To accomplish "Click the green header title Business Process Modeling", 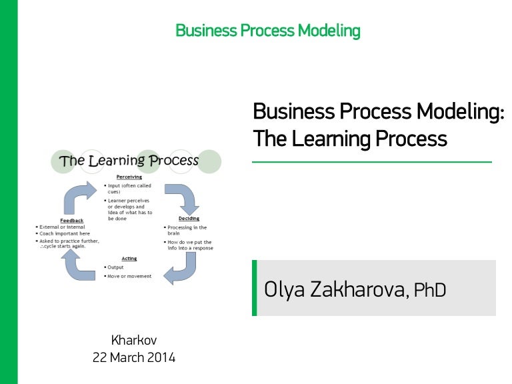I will tap(267, 31).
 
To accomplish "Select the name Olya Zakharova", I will tap(334, 290).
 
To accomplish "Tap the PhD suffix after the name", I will tap(429, 291).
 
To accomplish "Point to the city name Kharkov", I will tap(134, 340).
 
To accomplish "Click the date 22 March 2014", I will tap(134, 357).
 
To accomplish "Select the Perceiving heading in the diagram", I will tap(129, 177).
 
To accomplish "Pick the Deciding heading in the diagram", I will tap(189, 219).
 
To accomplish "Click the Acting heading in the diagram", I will tap(129, 259).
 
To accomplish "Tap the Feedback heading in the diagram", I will tap(71, 219).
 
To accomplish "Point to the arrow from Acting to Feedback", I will tap(79, 265).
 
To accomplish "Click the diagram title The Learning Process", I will tap(129, 161).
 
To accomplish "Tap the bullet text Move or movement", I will tap(129, 276).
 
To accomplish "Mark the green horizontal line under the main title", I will tap(372, 162).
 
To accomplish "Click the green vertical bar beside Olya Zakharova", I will tap(254, 288).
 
